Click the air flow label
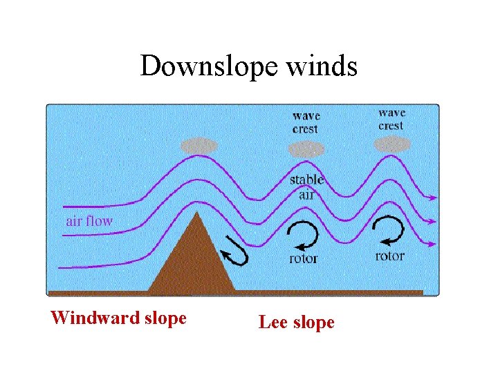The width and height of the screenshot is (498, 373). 89,221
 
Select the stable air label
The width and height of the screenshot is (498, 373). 306,187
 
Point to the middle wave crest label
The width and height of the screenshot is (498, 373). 306,122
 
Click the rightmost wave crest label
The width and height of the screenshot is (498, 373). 391,119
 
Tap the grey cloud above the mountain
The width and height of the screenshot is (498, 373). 199,146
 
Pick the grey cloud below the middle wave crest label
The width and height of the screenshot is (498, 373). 306,149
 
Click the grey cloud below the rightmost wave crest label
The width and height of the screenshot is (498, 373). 391,144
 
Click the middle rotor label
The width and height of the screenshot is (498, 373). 303,259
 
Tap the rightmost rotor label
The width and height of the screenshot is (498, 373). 389,256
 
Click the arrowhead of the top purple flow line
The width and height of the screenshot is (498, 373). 433,198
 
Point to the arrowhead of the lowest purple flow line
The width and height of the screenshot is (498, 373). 433,243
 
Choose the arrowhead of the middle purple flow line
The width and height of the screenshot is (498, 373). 433,222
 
